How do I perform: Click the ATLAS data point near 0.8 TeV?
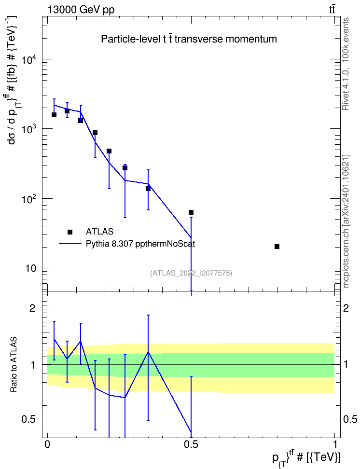277,247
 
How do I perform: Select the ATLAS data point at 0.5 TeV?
191,212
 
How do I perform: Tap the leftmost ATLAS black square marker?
54,115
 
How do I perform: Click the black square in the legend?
70,232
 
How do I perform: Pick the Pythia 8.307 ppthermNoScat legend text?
140,244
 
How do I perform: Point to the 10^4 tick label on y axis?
29,59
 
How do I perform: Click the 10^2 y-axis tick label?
29,199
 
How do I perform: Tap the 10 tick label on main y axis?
30,268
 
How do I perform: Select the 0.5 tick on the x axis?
191,444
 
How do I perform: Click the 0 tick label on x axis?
47,444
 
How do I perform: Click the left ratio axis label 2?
32,308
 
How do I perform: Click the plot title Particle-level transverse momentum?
189,39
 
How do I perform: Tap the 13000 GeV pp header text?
81,10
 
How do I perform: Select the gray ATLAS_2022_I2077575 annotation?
191,273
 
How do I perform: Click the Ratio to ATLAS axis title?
13,365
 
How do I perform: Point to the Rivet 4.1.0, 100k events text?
346,64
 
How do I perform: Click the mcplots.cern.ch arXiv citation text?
346,221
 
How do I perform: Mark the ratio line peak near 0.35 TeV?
148,352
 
